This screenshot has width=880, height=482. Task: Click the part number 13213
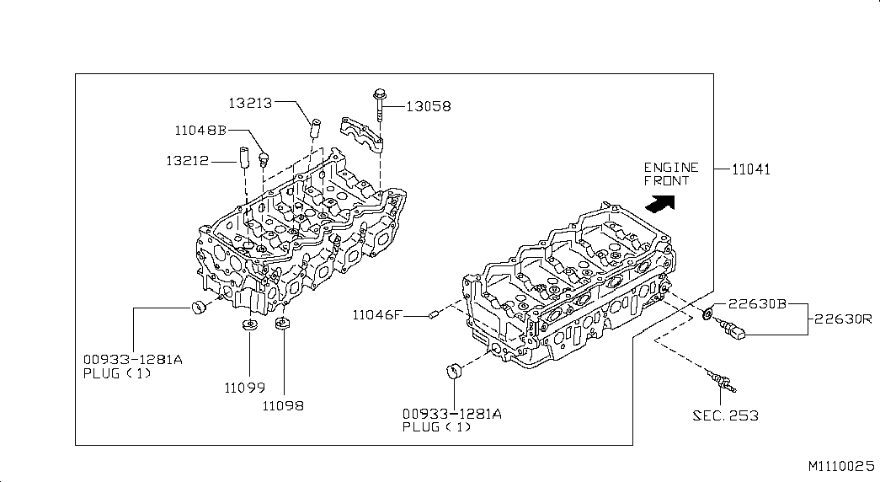tap(250, 103)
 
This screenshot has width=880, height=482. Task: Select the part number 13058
tap(429, 106)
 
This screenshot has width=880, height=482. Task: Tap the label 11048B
tap(200, 131)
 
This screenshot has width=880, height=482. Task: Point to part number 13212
tap(188, 161)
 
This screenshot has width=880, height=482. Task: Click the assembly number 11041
tap(751, 169)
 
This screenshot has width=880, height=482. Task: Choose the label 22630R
tap(843, 319)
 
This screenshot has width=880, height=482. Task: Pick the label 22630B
tap(757, 304)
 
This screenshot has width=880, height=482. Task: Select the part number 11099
tap(245, 388)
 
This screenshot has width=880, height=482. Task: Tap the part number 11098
tap(283, 405)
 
